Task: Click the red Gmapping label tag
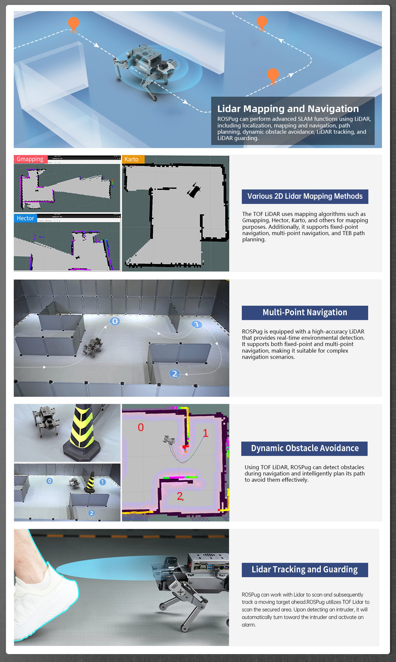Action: coord(31,159)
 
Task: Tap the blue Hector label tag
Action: coord(25,218)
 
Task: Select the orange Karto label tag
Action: coord(133,159)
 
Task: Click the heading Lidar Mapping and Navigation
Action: coord(288,109)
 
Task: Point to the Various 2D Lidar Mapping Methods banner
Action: coord(305,196)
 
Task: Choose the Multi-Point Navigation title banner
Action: coord(305,313)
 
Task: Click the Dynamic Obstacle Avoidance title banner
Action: coord(304,448)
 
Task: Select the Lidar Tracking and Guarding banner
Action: coord(305,570)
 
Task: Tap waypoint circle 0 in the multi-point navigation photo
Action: coord(115,321)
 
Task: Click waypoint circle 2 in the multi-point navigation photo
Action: coord(175,374)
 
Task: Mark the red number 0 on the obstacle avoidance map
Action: coord(141,427)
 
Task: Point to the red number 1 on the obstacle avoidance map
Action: coord(206,433)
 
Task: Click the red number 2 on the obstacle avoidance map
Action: coord(180,496)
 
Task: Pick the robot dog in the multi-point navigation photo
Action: coord(93,347)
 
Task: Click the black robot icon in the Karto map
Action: coord(194,190)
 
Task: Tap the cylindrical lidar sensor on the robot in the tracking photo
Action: coord(170,561)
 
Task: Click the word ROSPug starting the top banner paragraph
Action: coord(228,119)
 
